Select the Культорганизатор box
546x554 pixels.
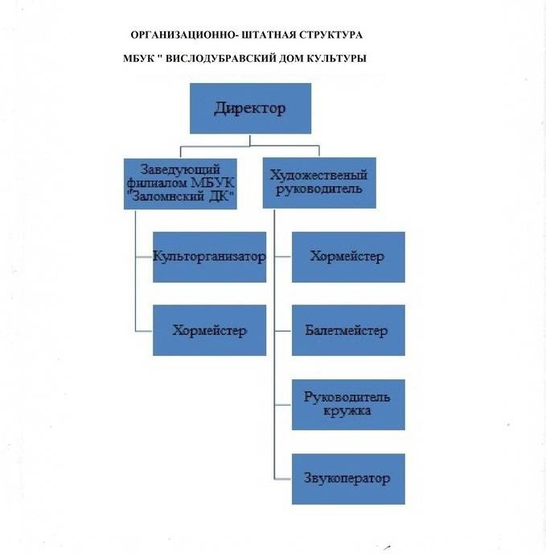[209, 257]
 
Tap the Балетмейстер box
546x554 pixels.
[347, 330]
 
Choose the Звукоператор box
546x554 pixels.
[347, 479]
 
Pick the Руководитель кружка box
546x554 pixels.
[347, 404]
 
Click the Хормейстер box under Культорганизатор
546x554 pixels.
[209, 330]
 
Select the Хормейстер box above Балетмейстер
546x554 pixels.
[347, 257]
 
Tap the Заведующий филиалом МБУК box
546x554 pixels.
[182, 184]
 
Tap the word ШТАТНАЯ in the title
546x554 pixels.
[261, 36]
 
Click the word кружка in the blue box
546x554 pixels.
[347, 411]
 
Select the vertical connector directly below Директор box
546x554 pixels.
[250, 139]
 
